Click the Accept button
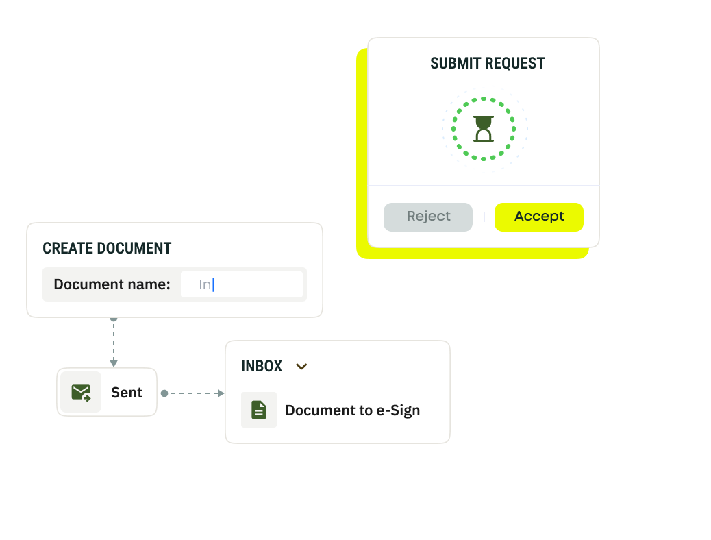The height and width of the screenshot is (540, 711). (538, 217)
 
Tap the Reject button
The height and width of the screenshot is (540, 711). (428, 217)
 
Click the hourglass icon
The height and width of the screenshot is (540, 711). (484, 128)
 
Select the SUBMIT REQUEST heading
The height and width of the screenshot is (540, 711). (487, 64)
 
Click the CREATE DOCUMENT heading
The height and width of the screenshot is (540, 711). (107, 248)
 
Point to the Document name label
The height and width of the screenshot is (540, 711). (112, 284)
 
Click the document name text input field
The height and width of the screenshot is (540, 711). (241, 284)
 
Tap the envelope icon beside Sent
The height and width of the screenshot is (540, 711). (81, 393)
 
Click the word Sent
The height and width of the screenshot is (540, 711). (127, 393)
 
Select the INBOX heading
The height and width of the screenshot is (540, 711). (262, 366)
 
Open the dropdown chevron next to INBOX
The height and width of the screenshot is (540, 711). (301, 367)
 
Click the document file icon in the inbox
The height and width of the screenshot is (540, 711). (259, 410)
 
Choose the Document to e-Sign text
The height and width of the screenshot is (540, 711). (352, 410)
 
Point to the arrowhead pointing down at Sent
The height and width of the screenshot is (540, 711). (114, 363)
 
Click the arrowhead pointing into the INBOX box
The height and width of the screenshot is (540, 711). (221, 393)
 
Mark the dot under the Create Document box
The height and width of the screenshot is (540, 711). (114, 319)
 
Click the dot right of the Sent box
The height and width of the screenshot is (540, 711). (164, 393)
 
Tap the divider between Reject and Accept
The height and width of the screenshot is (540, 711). (484, 217)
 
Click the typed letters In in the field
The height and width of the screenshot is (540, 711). (205, 284)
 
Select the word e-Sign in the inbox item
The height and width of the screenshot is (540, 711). (398, 410)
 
